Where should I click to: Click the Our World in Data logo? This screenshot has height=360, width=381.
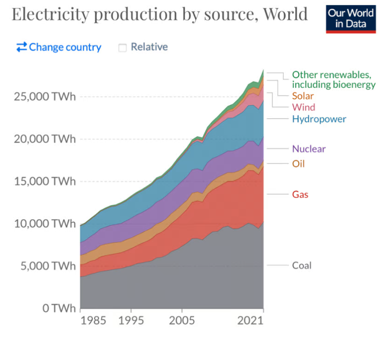click(351, 19)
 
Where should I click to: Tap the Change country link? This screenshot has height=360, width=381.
click(59, 47)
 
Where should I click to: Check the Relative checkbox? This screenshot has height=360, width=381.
click(122, 47)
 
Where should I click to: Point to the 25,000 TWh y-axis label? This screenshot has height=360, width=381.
click(45, 97)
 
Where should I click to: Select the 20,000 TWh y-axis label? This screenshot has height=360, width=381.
click(45, 139)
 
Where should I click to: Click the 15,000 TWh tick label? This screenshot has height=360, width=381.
click(45, 181)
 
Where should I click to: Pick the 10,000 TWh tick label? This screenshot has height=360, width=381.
click(45, 224)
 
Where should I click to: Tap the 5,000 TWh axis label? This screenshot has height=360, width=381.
click(48, 266)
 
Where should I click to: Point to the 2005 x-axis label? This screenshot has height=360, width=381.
click(182, 321)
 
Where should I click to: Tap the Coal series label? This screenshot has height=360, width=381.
click(302, 266)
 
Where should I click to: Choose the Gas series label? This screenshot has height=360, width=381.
click(300, 195)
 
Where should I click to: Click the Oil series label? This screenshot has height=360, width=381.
click(298, 164)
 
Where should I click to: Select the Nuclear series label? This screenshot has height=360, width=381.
click(309, 149)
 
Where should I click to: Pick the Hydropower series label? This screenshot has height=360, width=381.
click(319, 119)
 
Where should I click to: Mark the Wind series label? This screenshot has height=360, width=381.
click(304, 107)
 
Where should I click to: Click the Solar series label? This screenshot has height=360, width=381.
click(303, 96)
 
